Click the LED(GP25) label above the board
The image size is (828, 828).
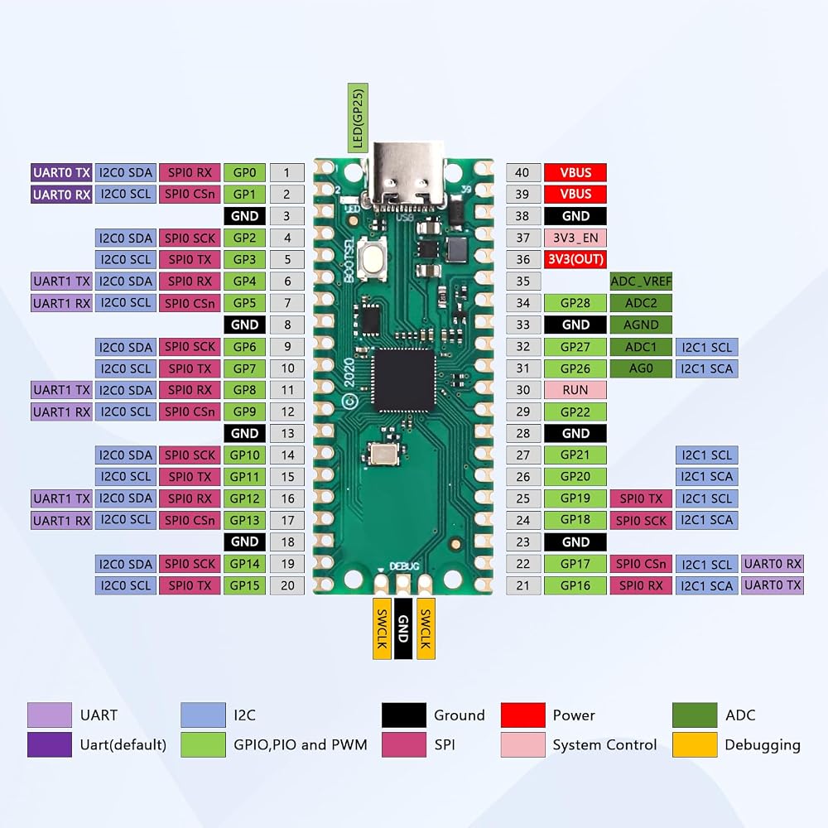click(358, 118)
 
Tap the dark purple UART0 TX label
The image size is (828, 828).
click(61, 173)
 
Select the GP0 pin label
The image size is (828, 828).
click(244, 173)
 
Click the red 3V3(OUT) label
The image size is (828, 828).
click(575, 259)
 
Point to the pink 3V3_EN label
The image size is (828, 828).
click(575, 238)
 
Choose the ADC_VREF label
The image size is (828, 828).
click(641, 281)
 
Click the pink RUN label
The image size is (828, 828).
click(575, 390)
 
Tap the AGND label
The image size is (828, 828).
click(641, 325)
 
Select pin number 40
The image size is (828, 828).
click(522, 173)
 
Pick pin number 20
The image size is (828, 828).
click(287, 585)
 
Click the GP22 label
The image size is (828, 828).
click(575, 412)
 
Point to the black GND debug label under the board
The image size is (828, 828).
click(403, 628)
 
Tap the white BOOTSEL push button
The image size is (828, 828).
click(373, 258)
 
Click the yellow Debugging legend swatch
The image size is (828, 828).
click(695, 744)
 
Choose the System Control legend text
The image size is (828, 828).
click(604, 744)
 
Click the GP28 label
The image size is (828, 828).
click(575, 303)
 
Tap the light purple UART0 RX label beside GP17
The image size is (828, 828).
click(773, 563)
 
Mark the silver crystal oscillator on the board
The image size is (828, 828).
click(385, 454)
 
